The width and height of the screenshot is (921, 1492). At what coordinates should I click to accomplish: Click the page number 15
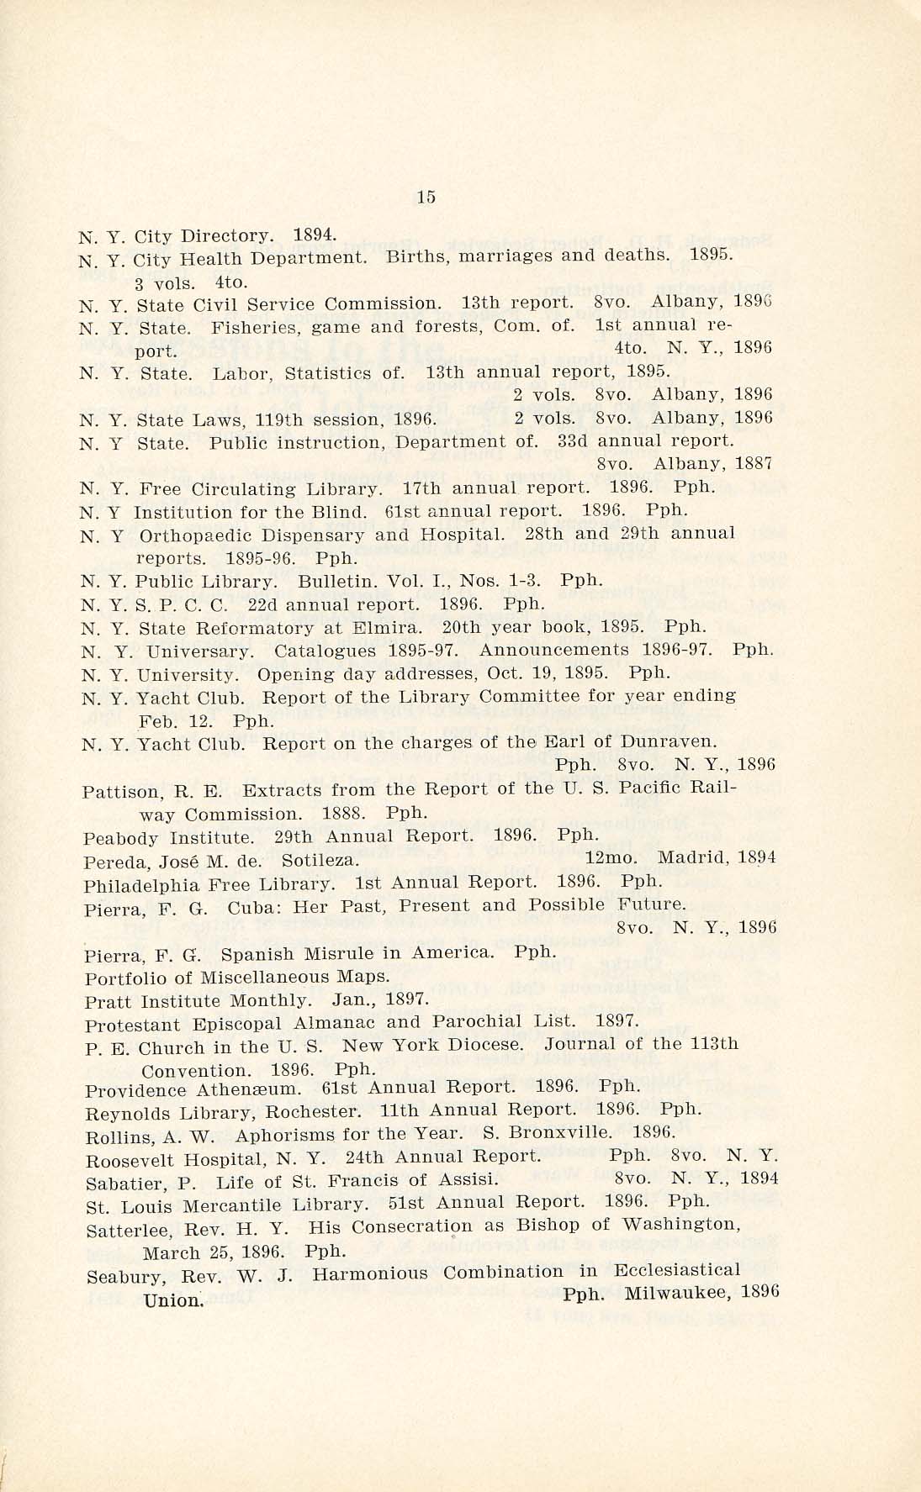click(x=426, y=197)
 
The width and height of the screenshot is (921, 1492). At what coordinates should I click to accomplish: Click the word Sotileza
click(x=320, y=860)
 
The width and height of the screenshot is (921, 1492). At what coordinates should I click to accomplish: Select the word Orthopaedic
click(x=194, y=535)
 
